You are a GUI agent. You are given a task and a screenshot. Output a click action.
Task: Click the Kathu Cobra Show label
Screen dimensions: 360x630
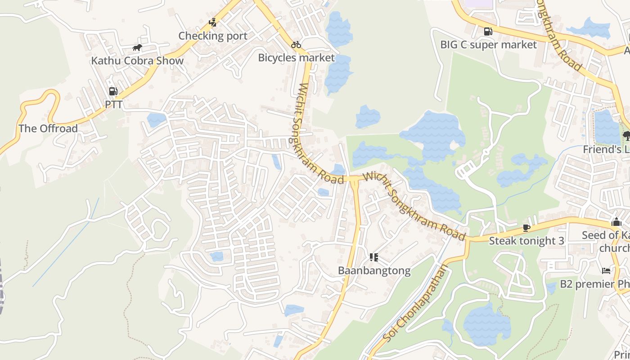pyautogui.click(x=137, y=61)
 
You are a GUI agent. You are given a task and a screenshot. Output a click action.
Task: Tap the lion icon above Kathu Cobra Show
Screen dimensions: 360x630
pyautogui.click(x=137, y=48)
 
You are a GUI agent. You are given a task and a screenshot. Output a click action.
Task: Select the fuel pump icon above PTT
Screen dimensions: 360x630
pyautogui.click(x=113, y=91)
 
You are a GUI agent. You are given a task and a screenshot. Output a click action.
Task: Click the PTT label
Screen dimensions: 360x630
pyautogui.click(x=113, y=104)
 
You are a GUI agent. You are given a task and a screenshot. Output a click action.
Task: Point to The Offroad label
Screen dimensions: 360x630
pyautogui.click(x=48, y=129)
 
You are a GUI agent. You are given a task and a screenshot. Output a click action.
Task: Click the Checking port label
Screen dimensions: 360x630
pyautogui.click(x=213, y=36)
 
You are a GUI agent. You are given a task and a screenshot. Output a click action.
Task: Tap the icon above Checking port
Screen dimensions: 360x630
pyautogui.click(x=213, y=22)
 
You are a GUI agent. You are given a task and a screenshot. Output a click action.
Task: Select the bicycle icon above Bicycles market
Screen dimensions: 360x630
pyautogui.click(x=296, y=45)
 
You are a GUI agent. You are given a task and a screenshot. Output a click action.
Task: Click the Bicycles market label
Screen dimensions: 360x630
pyautogui.click(x=297, y=58)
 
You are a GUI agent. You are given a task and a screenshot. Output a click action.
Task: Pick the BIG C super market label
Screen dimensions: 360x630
pyautogui.click(x=488, y=45)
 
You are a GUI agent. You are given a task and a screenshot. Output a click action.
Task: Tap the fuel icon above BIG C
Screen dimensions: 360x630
pyautogui.click(x=488, y=31)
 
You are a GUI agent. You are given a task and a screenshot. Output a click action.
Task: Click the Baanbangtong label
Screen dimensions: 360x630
pyautogui.click(x=374, y=270)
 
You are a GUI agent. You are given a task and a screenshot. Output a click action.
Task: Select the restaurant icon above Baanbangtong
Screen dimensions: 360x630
pyautogui.click(x=373, y=257)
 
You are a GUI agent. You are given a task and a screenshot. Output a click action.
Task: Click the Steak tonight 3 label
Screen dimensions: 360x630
pyautogui.click(x=526, y=241)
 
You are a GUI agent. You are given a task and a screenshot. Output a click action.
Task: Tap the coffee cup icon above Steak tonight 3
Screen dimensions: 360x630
pyautogui.click(x=526, y=228)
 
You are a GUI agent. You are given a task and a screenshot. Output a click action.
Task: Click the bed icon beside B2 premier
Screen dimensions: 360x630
pyautogui.click(x=607, y=270)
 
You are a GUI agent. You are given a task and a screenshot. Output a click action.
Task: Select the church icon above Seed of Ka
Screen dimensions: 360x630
pyautogui.click(x=616, y=222)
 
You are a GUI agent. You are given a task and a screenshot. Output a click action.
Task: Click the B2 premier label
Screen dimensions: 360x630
pyautogui.click(x=594, y=284)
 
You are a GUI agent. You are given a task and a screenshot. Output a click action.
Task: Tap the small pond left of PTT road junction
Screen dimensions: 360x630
pyautogui.click(x=156, y=120)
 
